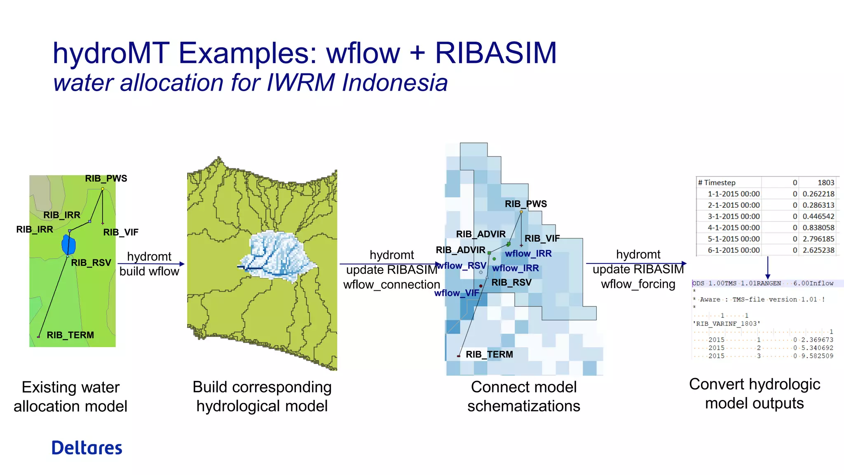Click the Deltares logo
[87, 448]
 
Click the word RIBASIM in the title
[496, 54]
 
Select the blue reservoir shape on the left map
[68, 245]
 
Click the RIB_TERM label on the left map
[70, 335]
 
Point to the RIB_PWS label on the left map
[106, 179]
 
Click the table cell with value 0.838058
[818, 228]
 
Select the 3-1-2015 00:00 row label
[734, 216]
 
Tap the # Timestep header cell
[717, 183]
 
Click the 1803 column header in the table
[825, 183]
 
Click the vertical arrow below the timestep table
[767, 268]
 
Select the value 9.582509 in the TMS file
[817, 356]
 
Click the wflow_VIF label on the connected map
[456, 293]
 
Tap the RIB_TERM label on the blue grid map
[489, 355]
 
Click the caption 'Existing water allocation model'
[70, 397]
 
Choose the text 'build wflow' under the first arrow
[149, 271]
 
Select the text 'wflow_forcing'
[638, 284]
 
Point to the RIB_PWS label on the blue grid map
[526, 204]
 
